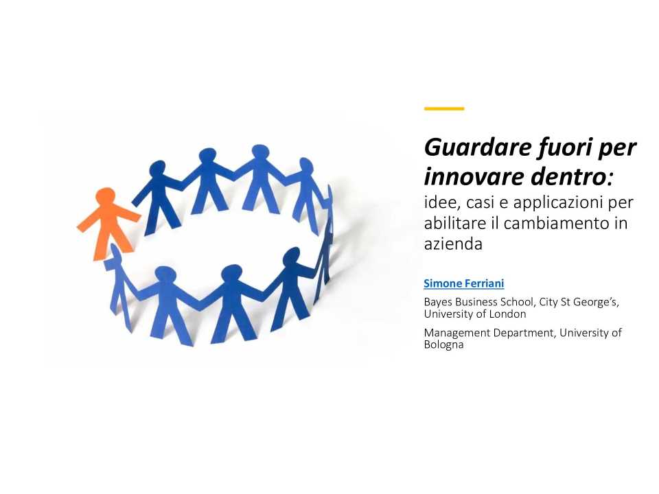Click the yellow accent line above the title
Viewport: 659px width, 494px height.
coord(444,108)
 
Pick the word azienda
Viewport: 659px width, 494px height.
coord(453,243)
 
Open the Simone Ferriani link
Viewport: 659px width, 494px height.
coord(463,283)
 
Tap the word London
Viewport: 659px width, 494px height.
coord(509,314)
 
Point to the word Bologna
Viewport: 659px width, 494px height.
coord(443,344)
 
